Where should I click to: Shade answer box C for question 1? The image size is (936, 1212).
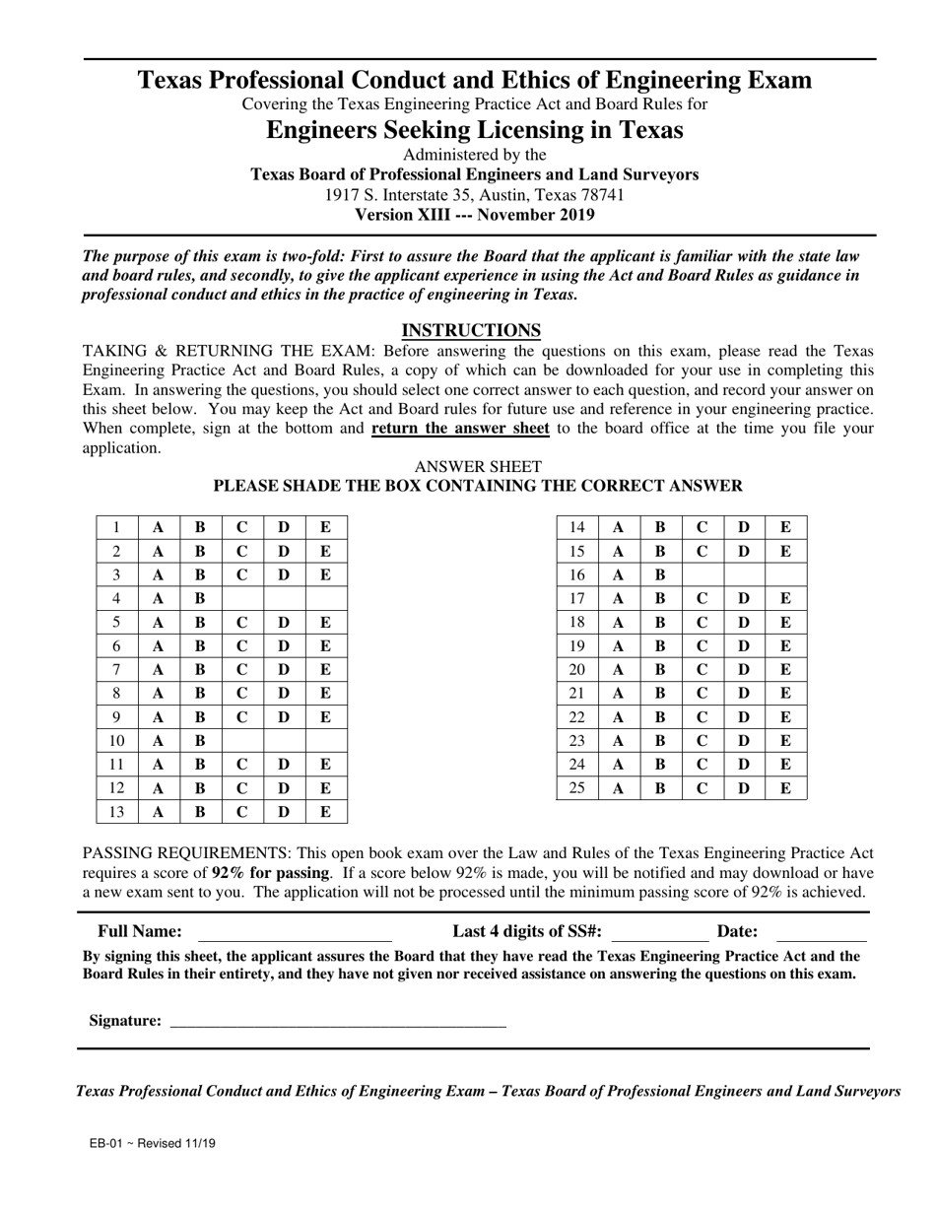pyautogui.click(x=242, y=527)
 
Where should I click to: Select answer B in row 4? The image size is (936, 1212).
pyautogui.click(x=200, y=598)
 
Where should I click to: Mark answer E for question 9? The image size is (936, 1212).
pyautogui.click(x=326, y=717)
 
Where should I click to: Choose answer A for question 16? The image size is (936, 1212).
pyautogui.click(x=619, y=574)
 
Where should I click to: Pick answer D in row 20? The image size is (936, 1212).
pyautogui.click(x=744, y=670)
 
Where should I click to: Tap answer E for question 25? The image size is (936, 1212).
pyautogui.click(x=785, y=787)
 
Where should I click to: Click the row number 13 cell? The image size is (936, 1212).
pyautogui.click(x=117, y=812)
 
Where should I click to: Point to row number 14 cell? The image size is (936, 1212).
pyautogui.click(x=577, y=527)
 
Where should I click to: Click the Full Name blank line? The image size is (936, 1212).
pyautogui.click(x=295, y=933)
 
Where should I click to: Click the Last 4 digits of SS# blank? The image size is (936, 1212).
pyautogui.click(x=659, y=933)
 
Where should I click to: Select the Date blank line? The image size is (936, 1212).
pyautogui.click(x=821, y=933)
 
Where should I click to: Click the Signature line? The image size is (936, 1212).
pyautogui.click(x=338, y=1022)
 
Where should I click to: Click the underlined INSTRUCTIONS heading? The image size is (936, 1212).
pyautogui.click(x=471, y=330)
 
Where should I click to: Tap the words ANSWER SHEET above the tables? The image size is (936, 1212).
pyautogui.click(x=478, y=466)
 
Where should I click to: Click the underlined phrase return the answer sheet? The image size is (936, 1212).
pyautogui.click(x=460, y=429)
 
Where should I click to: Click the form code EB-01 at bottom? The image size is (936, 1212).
pyautogui.click(x=105, y=1144)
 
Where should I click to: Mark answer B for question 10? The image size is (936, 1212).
pyautogui.click(x=200, y=741)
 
